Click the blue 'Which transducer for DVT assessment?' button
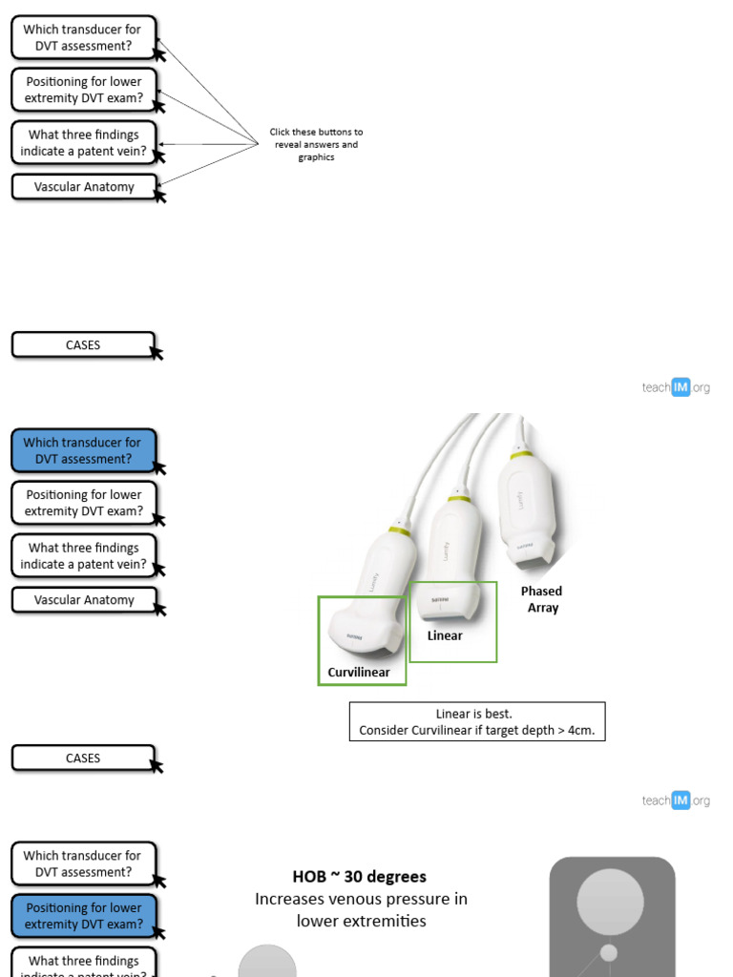point(83,450)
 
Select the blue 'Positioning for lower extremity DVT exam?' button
point(83,916)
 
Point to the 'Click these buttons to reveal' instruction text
point(316,133)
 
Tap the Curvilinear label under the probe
point(359,673)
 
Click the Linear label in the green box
point(445,636)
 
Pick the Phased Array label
point(542,599)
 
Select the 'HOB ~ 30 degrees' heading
point(359,876)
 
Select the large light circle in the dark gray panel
point(610,902)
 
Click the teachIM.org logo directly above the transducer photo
point(676,387)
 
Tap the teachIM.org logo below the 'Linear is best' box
point(676,800)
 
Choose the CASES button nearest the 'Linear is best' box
point(83,759)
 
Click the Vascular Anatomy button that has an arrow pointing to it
point(83,187)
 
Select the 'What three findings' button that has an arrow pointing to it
point(83,143)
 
